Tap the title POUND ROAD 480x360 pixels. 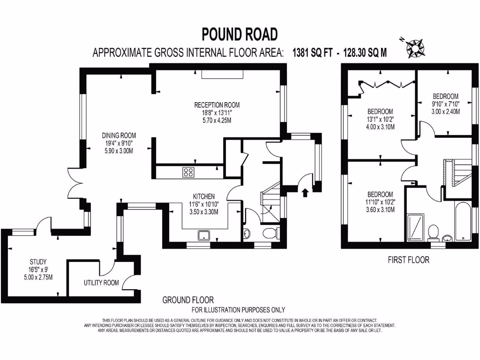tap(240, 34)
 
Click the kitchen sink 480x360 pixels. tap(204, 235)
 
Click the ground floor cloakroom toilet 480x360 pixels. tap(271, 233)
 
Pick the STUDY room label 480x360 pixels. tap(37, 262)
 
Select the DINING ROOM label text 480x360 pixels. tap(119, 135)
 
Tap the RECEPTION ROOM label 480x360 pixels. tap(217, 105)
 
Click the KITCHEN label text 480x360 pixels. tap(204, 196)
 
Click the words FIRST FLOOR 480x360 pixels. tap(408, 260)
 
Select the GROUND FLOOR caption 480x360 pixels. tap(188, 300)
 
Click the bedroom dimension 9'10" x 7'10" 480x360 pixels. tap(445, 104)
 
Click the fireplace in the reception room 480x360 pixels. tap(223, 74)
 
